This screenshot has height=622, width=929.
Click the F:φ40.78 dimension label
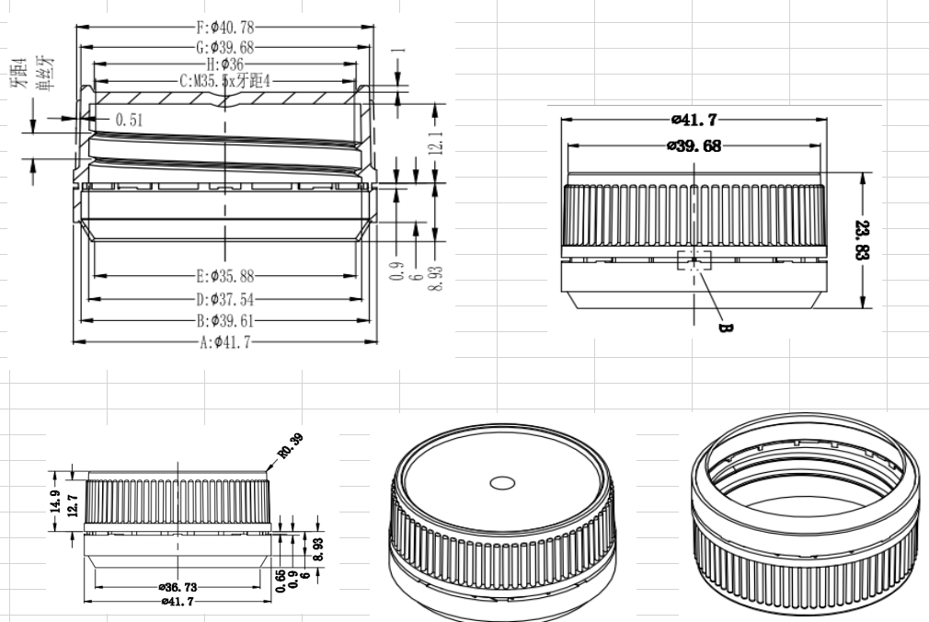(224, 27)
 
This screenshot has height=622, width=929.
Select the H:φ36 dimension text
(224, 63)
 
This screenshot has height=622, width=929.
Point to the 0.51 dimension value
(129, 119)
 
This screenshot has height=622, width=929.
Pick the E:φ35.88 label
(224, 275)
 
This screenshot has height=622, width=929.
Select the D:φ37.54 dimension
(225, 298)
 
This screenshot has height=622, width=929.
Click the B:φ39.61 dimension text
(225, 320)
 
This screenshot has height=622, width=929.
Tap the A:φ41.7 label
(225, 342)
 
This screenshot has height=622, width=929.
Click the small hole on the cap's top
(502, 481)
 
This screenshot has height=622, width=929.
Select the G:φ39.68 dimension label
(224, 46)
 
